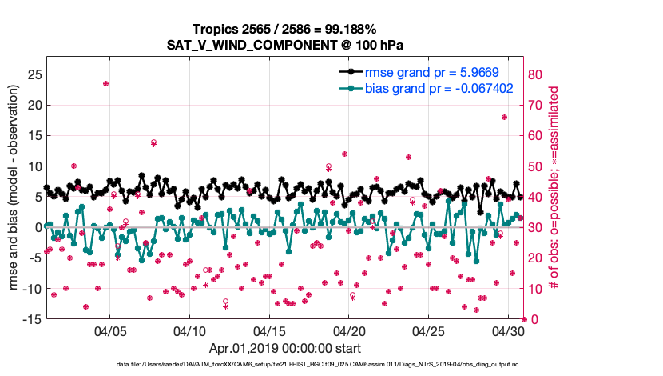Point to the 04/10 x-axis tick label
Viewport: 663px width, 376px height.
[x=190, y=330]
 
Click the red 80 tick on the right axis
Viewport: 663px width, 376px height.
[x=537, y=74]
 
